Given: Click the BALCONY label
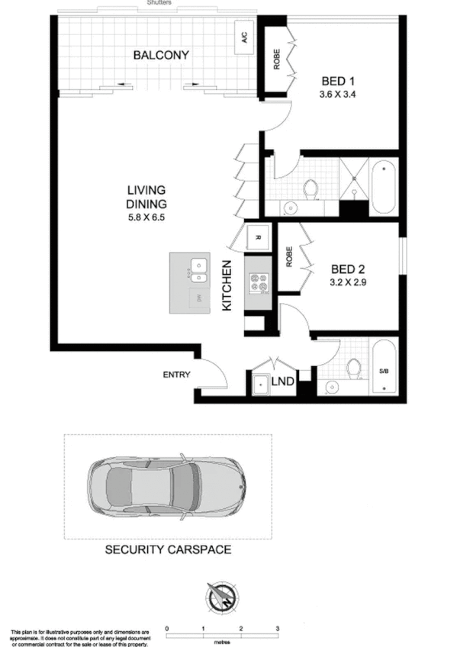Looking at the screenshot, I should tap(160, 55).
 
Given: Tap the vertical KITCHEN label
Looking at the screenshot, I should tap(226, 285).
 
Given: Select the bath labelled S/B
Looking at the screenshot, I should tap(383, 372).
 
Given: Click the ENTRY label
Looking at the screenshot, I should tap(176, 375).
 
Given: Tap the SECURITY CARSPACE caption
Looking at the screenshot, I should tap(167, 549).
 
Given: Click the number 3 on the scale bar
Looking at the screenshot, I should tap(278, 628).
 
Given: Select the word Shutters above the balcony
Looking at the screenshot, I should tap(159, 3).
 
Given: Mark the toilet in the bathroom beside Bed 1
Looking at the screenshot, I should tap(311, 188).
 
